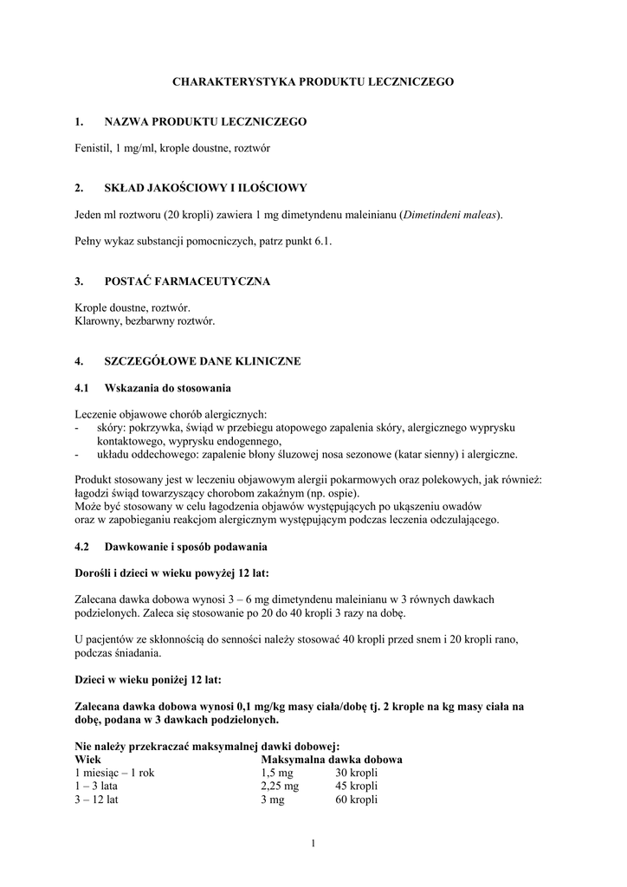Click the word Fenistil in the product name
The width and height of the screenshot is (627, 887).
pyautogui.click(x=93, y=148)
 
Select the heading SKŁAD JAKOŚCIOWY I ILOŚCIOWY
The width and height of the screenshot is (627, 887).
pyautogui.click(x=205, y=188)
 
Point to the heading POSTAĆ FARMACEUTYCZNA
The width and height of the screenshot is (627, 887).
pyautogui.click(x=187, y=282)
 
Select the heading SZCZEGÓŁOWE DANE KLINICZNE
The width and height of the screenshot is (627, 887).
pyautogui.click(x=203, y=361)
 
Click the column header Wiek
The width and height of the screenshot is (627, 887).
pyautogui.click(x=87, y=760)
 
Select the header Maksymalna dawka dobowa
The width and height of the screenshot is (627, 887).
pyautogui.click(x=331, y=760)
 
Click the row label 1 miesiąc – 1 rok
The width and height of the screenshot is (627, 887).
pyautogui.click(x=116, y=773)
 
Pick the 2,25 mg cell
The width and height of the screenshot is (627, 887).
pyautogui.click(x=280, y=786)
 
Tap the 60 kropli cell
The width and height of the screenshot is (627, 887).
pyautogui.click(x=357, y=800)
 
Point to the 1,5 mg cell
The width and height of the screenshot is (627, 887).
pyautogui.click(x=276, y=773)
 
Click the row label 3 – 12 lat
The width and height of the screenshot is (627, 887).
pyautogui.click(x=97, y=800)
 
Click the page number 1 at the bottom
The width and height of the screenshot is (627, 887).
pyautogui.click(x=313, y=845)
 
